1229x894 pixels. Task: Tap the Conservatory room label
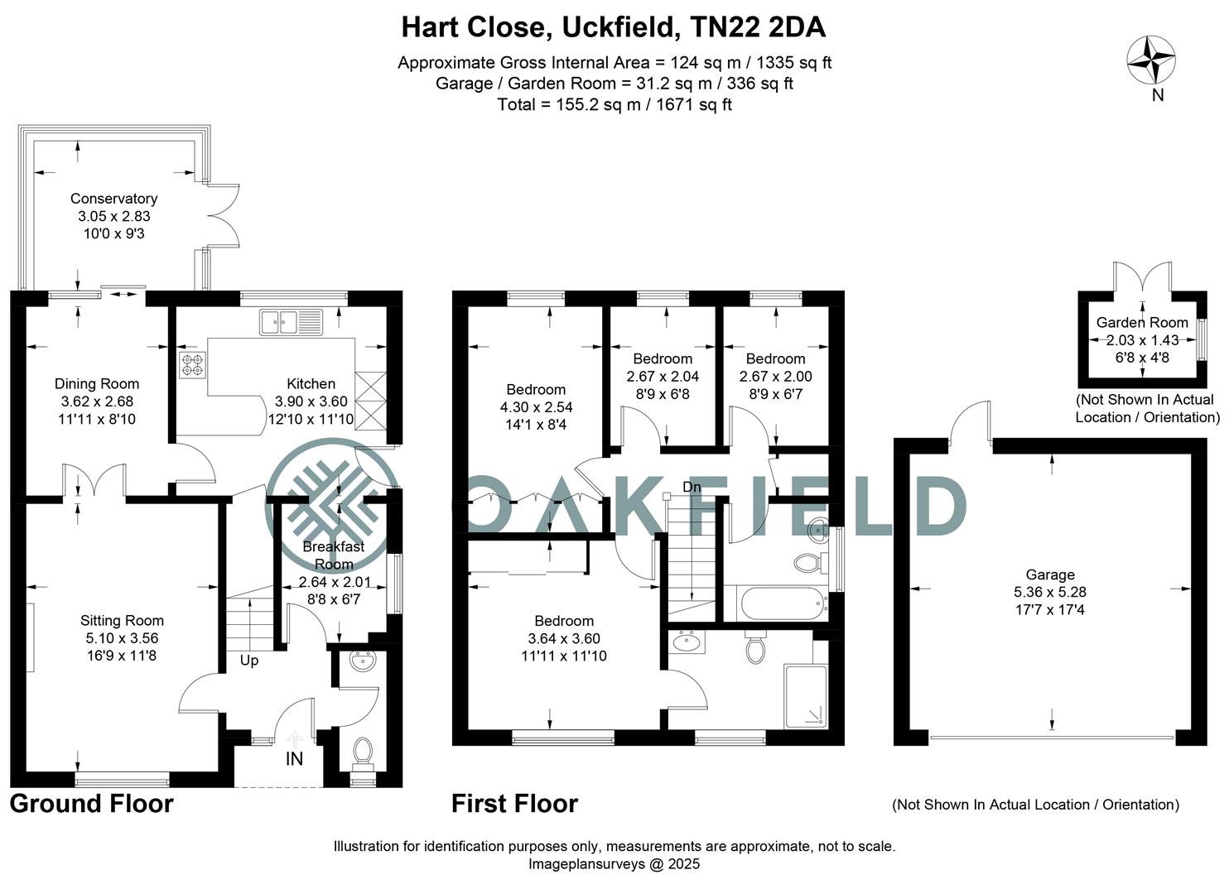click(113, 199)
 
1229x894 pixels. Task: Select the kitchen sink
click(292, 322)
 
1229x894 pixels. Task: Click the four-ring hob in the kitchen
click(193, 365)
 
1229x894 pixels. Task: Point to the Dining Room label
click(97, 384)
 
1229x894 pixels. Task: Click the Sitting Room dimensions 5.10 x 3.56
click(122, 638)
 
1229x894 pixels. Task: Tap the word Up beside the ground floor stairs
click(249, 661)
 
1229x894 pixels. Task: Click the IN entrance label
click(294, 759)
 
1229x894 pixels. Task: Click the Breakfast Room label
click(334, 555)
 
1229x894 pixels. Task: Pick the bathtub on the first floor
click(784, 603)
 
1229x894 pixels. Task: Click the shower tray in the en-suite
click(806, 696)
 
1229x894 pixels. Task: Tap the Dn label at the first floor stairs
click(692, 487)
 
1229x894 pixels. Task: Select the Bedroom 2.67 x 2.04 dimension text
click(663, 377)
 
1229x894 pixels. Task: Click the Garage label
click(1050, 574)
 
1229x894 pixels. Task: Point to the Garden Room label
click(1142, 323)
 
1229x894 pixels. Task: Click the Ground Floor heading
click(92, 804)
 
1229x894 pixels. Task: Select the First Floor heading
click(514, 804)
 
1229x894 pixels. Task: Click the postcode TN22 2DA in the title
click(758, 26)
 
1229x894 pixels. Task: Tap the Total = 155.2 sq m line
click(614, 104)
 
